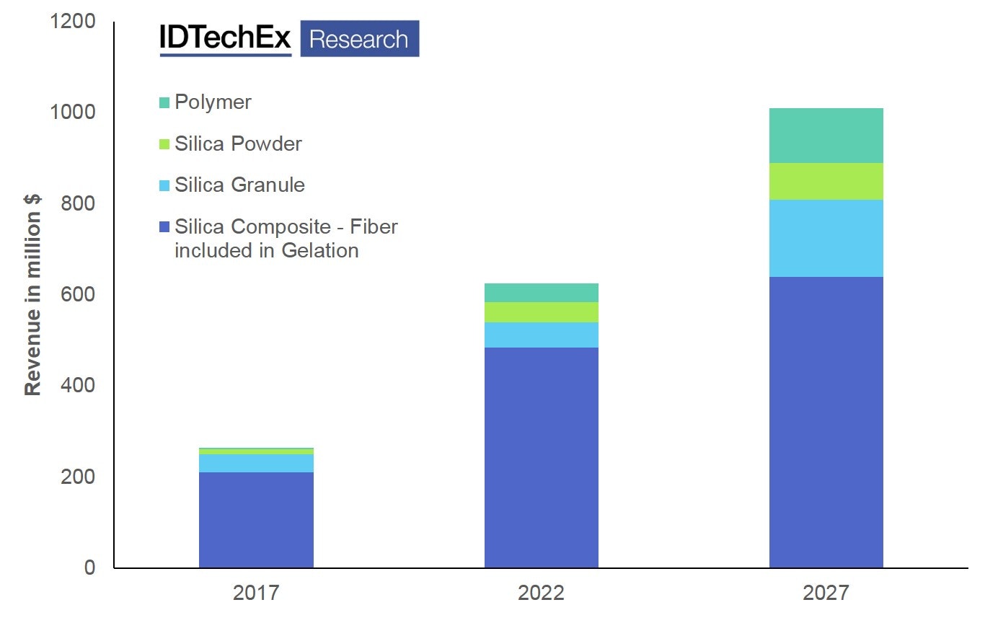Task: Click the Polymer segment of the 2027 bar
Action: [x=826, y=136]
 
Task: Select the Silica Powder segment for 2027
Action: [x=826, y=181]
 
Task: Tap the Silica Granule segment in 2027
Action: [x=826, y=238]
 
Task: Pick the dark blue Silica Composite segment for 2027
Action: [x=826, y=422]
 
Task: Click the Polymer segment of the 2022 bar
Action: [x=541, y=292]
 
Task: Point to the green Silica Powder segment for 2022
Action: [x=541, y=312]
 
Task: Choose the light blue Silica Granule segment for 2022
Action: [x=541, y=335]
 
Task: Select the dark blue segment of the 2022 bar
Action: [x=541, y=457]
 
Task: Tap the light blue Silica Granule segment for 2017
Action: [x=256, y=463]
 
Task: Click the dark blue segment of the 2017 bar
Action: [x=256, y=520]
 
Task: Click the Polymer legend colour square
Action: [x=164, y=102]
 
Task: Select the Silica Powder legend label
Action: [x=238, y=143]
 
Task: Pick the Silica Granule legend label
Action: [x=239, y=185]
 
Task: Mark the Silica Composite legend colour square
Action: [x=164, y=226]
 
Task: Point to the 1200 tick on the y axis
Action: [x=72, y=21]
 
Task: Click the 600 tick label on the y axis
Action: [x=78, y=294]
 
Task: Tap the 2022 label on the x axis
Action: [x=541, y=593]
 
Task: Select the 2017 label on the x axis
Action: [x=256, y=593]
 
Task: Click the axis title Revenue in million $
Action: [x=32, y=294]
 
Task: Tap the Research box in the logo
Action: [x=359, y=39]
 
